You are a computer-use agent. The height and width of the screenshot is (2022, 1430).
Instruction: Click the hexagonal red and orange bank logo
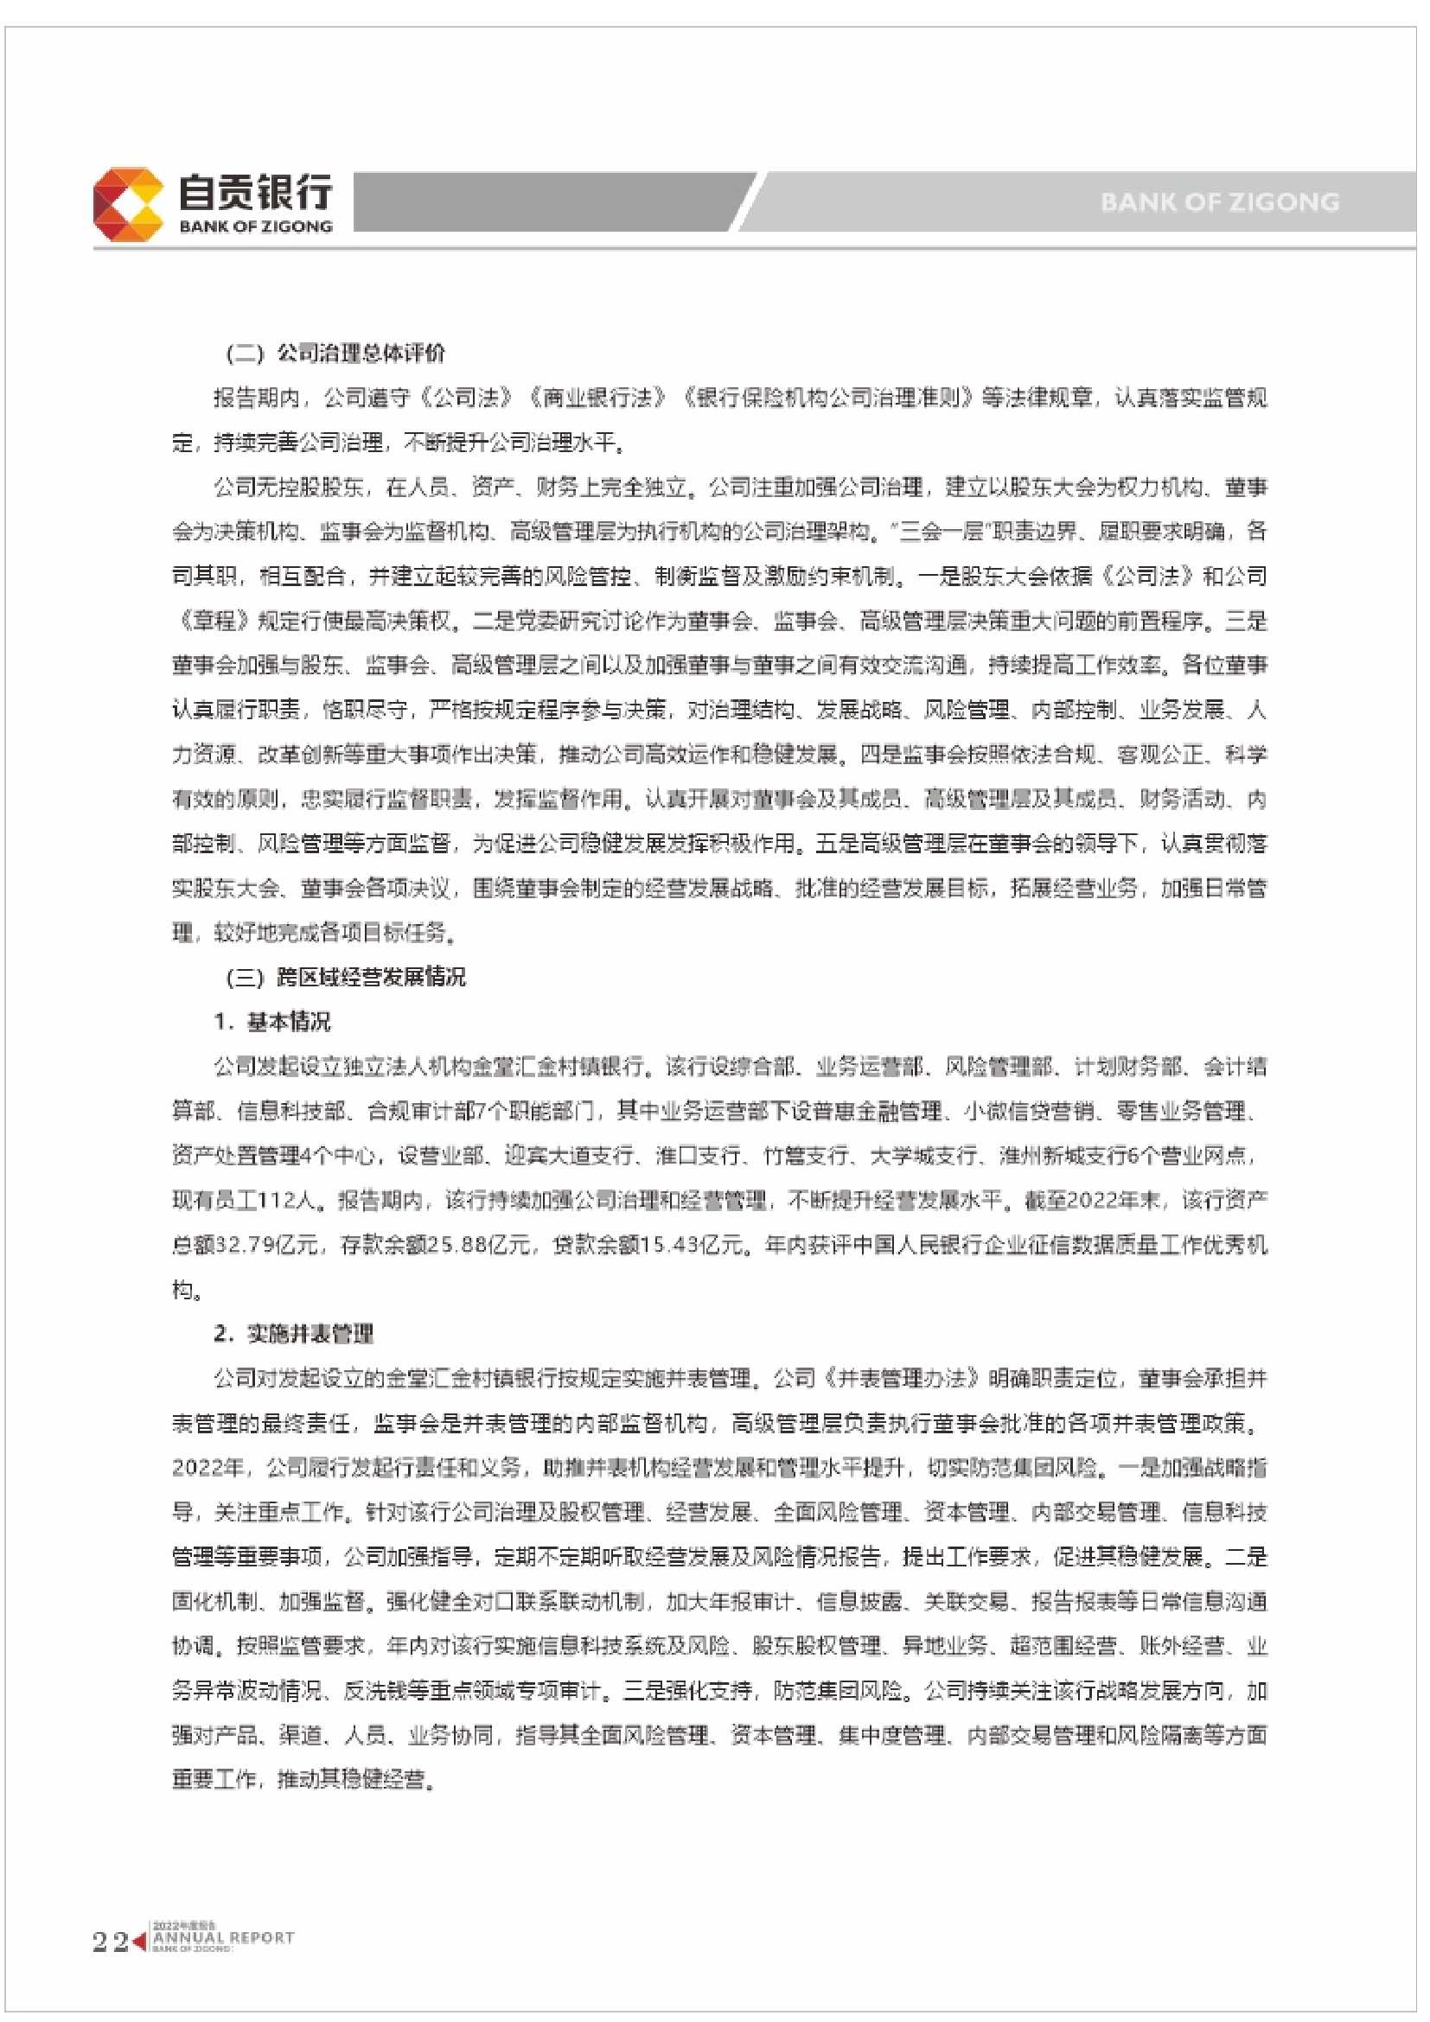tap(129, 204)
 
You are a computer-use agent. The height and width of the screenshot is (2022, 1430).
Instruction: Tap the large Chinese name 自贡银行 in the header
tap(255, 190)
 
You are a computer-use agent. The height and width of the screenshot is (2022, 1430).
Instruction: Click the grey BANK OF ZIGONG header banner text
tap(1219, 202)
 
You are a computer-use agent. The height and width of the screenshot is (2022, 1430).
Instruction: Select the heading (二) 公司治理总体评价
tap(336, 354)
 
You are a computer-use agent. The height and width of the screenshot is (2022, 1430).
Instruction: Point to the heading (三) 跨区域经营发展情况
tap(346, 977)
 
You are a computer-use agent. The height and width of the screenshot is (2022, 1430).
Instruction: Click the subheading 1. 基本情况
tap(272, 1022)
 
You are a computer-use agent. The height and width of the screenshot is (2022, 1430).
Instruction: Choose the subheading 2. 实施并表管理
tap(293, 1334)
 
